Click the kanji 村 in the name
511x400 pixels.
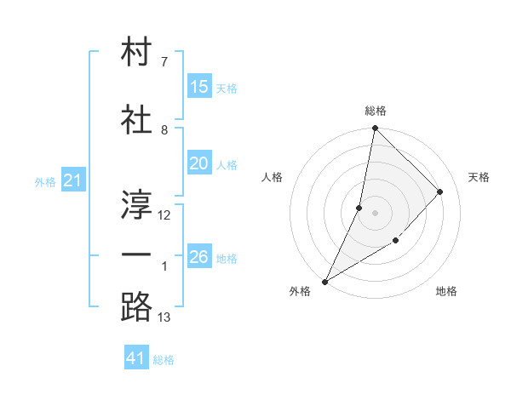(137, 53)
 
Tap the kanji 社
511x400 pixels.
(137, 120)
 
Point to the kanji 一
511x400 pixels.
(137, 254)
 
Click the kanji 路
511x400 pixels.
(137, 306)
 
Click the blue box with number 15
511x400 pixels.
(198, 87)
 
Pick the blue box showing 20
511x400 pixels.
(198, 164)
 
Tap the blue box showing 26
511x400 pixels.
(198, 257)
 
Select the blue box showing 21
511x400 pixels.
(72, 180)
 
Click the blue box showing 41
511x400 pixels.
(137, 358)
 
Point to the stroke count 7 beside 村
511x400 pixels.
(164, 62)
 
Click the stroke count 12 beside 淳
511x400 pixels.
(164, 215)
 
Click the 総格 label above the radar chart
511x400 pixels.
(376, 111)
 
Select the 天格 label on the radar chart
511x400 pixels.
(479, 177)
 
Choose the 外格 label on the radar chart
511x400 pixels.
(300, 291)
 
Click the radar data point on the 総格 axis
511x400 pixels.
(375, 128)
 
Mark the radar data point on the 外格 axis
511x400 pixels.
(324, 282)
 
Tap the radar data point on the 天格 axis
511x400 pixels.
(440, 191)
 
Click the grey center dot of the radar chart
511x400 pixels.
(375, 213)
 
